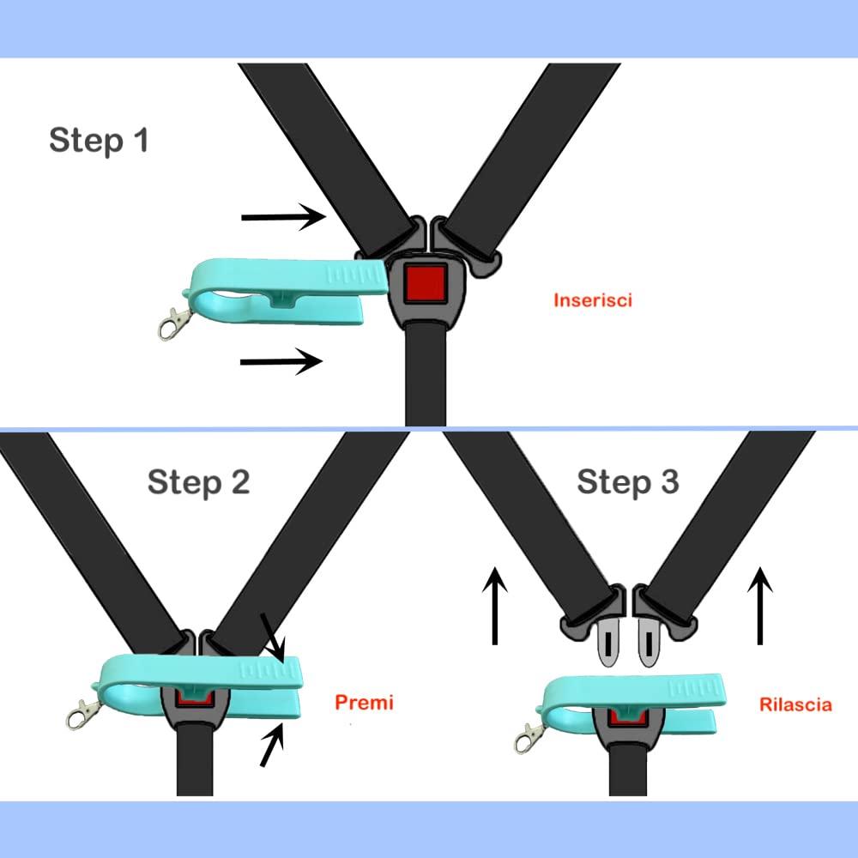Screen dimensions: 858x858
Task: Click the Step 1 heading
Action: point(99,140)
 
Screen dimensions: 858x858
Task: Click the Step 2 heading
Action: point(198,481)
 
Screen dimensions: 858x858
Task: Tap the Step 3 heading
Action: point(627,481)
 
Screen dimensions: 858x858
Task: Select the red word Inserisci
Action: point(593,300)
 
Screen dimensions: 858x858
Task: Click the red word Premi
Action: point(364,703)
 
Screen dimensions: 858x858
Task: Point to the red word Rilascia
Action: point(795,704)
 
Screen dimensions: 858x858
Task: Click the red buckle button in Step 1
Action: point(427,283)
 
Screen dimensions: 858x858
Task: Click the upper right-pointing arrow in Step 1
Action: point(284,217)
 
